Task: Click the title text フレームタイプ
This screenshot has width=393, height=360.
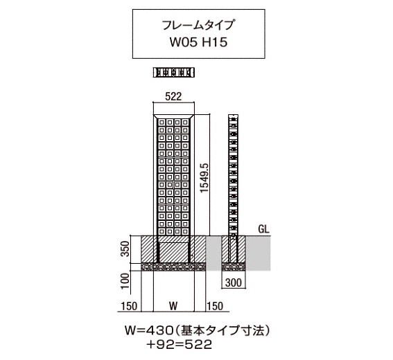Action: pos(198,26)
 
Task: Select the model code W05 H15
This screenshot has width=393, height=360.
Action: pos(198,42)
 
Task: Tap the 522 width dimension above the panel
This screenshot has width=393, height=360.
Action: pos(173,97)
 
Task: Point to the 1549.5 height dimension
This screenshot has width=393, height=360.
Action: pos(204,177)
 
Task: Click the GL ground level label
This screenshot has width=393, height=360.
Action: pos(263,229)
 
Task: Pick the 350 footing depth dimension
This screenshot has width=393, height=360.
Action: pos(125,249)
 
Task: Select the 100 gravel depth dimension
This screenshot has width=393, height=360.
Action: pos(125,280)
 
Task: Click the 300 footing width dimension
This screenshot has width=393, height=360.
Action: pos(234,282)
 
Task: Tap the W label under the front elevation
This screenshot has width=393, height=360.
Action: pos(173,306)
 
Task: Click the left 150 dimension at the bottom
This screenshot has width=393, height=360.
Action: pos(130,306)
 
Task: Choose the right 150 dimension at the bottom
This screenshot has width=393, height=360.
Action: pos(214,306)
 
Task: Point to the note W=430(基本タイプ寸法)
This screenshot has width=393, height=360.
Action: pos(198,331)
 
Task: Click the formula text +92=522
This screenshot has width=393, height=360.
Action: pos(180,345)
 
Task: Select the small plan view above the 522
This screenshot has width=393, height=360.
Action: pos(174,73)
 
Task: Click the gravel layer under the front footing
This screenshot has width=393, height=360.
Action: pos(173,267)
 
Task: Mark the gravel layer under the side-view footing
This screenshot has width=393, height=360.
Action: pos(234,267)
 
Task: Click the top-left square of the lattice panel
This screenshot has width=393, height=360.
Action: pos(162,123)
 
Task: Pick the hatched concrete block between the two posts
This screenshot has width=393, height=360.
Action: pos(173,253)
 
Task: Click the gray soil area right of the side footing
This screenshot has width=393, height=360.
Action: pos(258,253)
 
